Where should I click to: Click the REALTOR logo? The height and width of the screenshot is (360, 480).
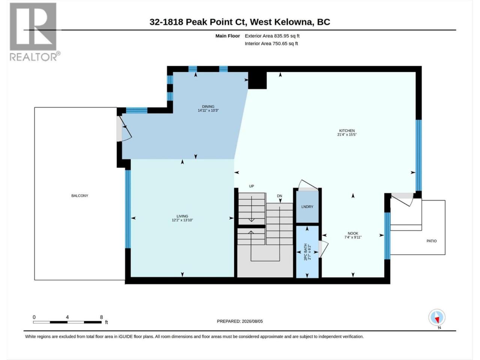point(34,32)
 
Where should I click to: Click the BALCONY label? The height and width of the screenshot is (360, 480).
point(79,196)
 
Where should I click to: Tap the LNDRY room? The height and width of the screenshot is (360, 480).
point(307,207)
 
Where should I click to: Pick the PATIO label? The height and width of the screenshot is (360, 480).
point(432,241)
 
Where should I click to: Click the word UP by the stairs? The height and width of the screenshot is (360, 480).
point(252,186)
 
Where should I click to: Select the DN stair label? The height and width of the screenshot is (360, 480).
point(279,196)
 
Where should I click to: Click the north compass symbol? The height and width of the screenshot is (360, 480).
point(437,317)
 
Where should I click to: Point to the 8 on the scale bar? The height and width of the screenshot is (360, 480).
point(101,317)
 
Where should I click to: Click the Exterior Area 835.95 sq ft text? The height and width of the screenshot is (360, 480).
point(272,36)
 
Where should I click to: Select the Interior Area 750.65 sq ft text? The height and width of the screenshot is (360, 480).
point(271,43)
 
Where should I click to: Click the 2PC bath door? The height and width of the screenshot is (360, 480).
point(323,249)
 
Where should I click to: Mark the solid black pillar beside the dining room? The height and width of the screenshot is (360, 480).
point(257,80)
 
